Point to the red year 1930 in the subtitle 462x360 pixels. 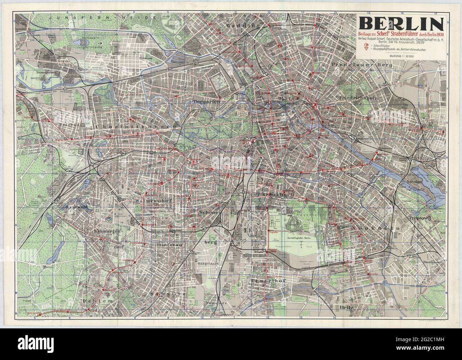tap(432, 34)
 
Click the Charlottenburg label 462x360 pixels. tap(136, 126)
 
